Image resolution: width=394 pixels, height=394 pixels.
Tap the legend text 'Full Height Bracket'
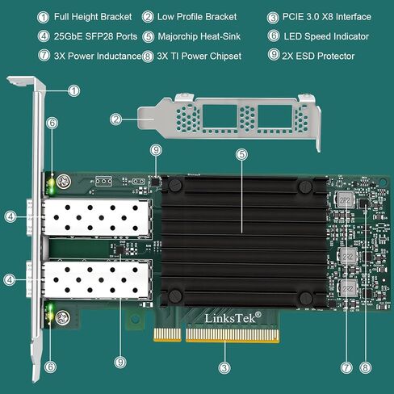coord(93,17)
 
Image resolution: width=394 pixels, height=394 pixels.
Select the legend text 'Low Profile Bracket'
coord(197,17)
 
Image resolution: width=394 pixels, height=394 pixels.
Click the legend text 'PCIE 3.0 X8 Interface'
coord(327,17)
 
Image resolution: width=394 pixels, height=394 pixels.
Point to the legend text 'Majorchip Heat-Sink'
coord(199,36)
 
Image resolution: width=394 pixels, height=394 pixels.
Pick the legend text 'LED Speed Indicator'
coord(326,36)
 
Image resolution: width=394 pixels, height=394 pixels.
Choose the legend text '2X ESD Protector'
coord(318,56)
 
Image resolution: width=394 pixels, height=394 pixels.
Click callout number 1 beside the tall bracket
coord(74,90)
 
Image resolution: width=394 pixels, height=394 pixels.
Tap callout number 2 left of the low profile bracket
coord(115,119)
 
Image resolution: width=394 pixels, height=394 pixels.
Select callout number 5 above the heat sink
coord(241,154)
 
